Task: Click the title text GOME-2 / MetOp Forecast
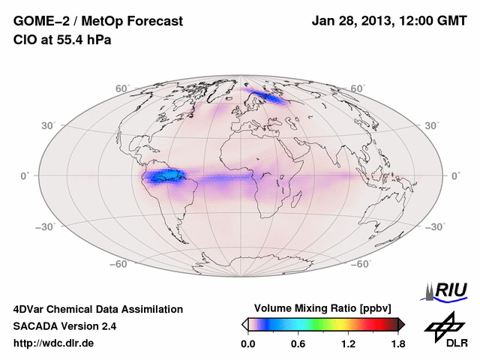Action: click(97, 22)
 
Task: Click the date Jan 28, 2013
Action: click(352, 22)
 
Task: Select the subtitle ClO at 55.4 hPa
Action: click(62, 40)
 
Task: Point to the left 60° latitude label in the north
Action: click(122, 88)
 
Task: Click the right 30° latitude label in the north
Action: click(432, 125)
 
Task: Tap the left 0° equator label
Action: click(25, 175)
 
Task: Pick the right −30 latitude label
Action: click(435, 226)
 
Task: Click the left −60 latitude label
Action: click(118, 264)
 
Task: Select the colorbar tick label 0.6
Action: click(298, 344)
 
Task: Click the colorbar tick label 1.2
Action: click(348, 344)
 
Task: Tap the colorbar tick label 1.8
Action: click(397, 344)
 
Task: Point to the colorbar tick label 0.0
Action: click(248, 344)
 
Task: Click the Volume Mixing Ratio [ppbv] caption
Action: click(323, 309)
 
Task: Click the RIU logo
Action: click(445, 290)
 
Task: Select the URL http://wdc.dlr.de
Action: click(54, 343)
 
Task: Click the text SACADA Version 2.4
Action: click(64, 326)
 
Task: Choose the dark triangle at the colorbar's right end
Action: click(401, 324)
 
